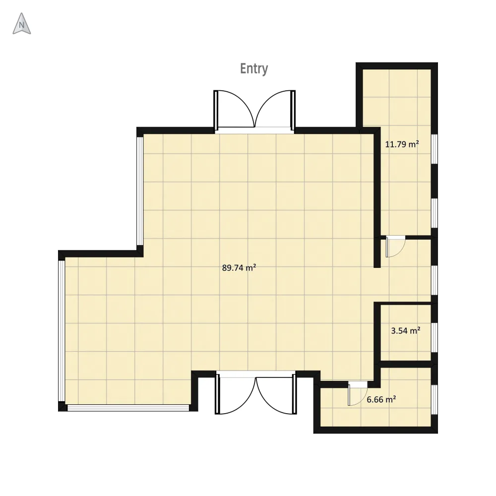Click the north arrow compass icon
pos(21,24)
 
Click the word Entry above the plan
pos(254,69)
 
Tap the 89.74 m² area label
pos(239,268)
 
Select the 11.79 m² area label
pos(402,144)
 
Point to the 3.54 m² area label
pos(406,331)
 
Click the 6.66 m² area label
pos(381,399)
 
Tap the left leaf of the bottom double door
pos(235,394)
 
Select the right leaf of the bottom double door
pos(276,394)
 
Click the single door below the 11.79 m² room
pos(395,246)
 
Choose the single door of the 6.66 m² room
pos(358,393)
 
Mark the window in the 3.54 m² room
pos(434,337)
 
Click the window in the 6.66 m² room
pos(434,399)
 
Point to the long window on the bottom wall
pos(128,408)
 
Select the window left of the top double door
pos(140,191)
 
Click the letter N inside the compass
pos(21,25)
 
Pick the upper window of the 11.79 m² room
pos(434,149)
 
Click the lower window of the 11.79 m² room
pos(434,213)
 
